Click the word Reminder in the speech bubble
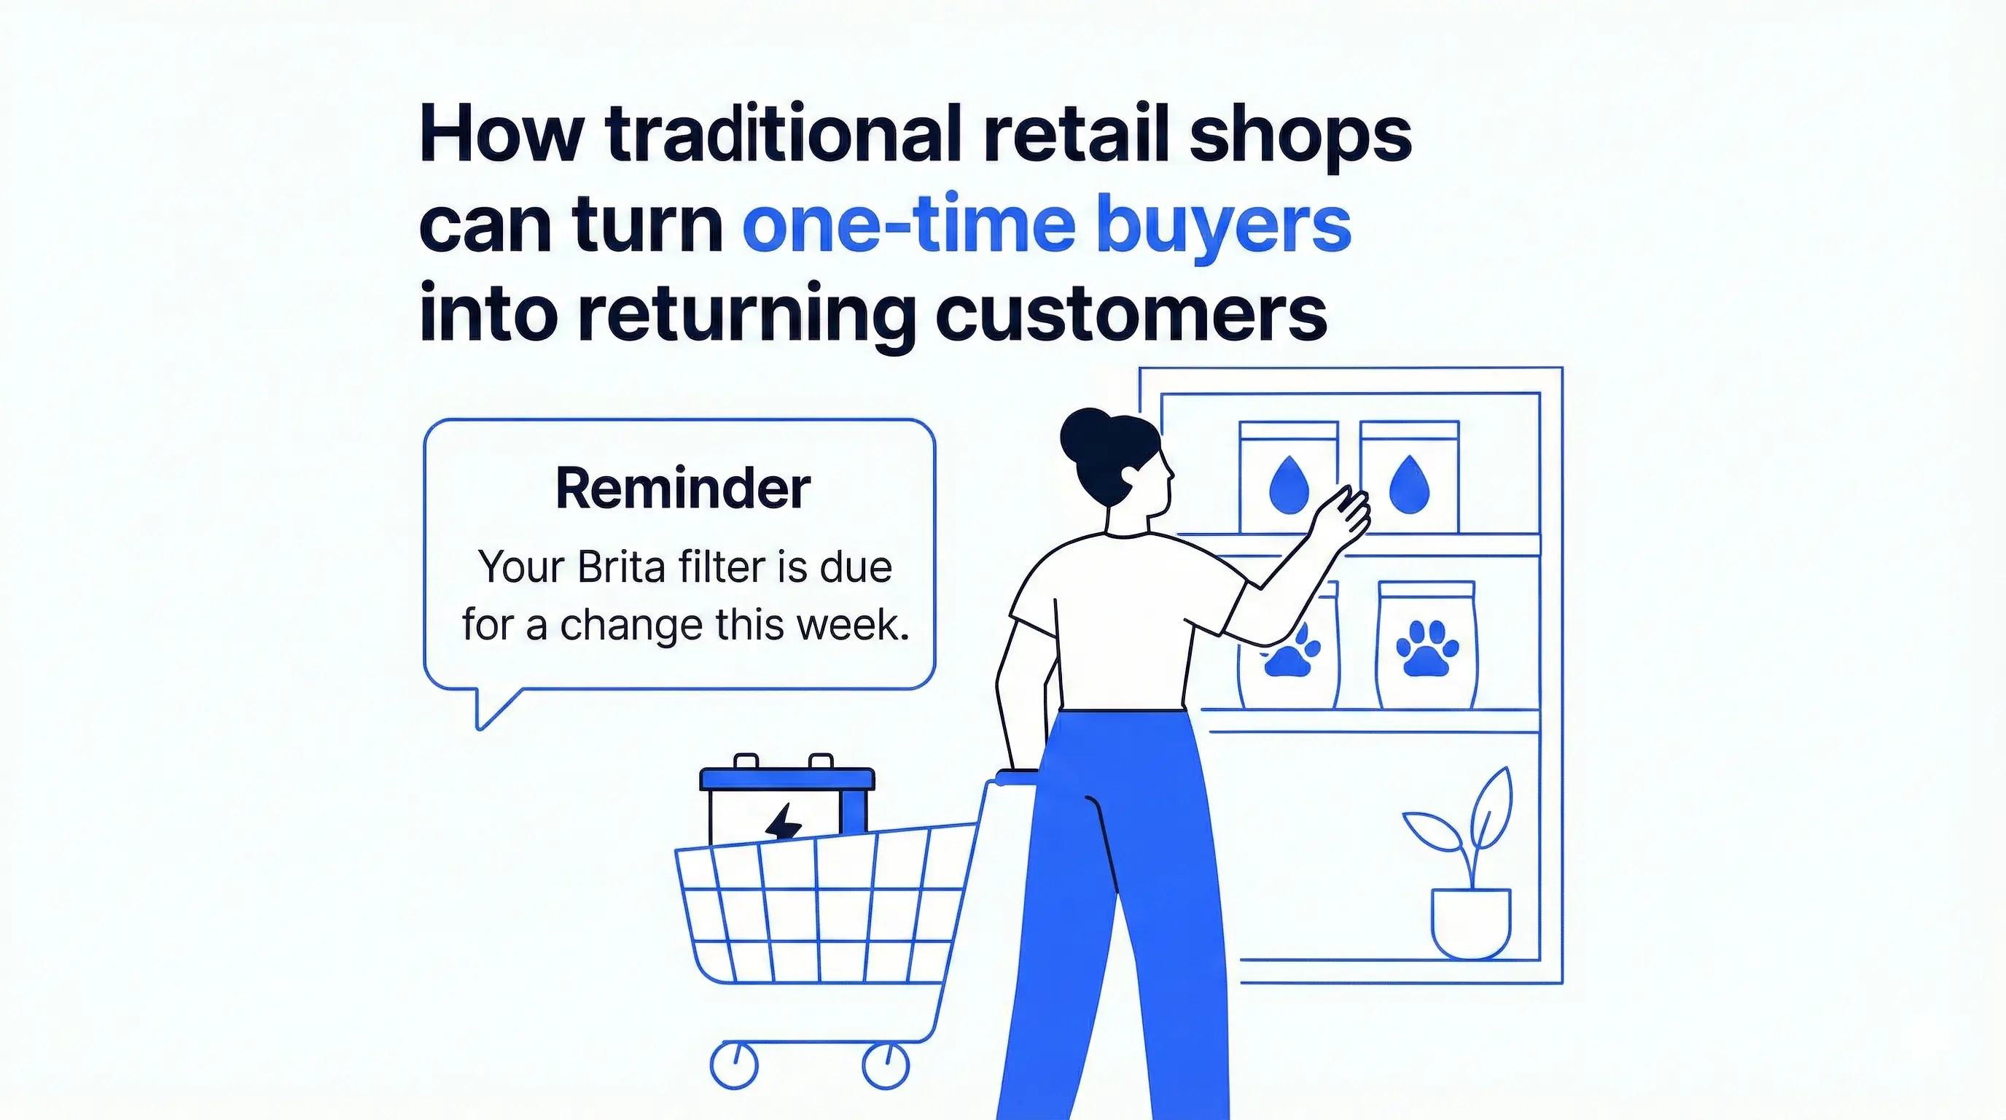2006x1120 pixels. tap(683, 489)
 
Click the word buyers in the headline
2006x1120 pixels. tap(1223, 227)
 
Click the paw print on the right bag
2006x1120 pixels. tap(1427, 648)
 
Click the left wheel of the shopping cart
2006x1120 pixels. tap(733, 1066)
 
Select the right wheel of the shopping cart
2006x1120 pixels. tap(886, 1066)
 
